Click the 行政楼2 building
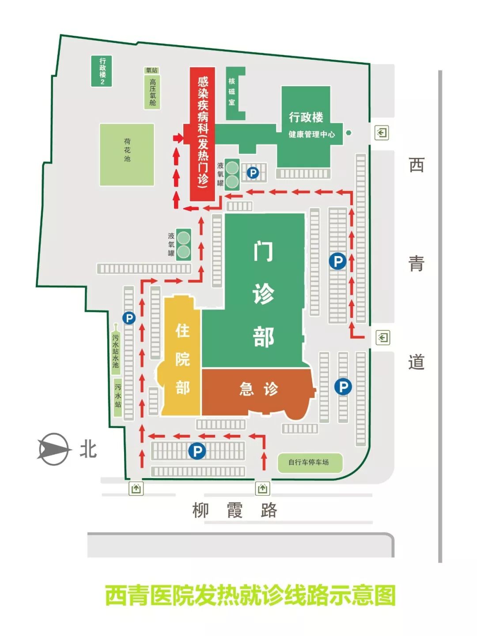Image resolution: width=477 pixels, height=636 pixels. click(102, 71)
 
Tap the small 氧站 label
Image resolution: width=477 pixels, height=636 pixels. click(151, 70)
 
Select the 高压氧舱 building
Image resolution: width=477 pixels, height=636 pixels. click(152, 92)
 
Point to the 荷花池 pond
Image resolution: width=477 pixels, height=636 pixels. click(127, 154)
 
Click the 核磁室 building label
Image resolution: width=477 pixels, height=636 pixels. click(232, 92)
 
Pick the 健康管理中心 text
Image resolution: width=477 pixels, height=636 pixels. click(311, 134)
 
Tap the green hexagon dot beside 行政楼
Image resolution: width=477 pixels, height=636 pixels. click(348, 132)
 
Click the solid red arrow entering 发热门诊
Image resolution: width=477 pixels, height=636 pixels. click(178, 138)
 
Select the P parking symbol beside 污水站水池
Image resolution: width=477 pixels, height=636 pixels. click(129, 318)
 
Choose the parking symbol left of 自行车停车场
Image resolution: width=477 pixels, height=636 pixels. click(197, 451)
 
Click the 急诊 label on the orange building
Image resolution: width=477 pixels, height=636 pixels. click(258, 389)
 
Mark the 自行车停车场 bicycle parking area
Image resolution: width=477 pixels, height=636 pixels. click(309, 463)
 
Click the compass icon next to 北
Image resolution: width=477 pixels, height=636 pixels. click(53, 449)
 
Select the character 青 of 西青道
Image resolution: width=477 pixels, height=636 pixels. click(416, 264)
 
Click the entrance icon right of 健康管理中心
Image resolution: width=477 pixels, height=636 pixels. click(382, 133)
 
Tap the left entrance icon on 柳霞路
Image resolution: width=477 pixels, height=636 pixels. click(136, 489)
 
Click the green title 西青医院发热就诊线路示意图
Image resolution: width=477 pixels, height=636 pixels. click(250, 595)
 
